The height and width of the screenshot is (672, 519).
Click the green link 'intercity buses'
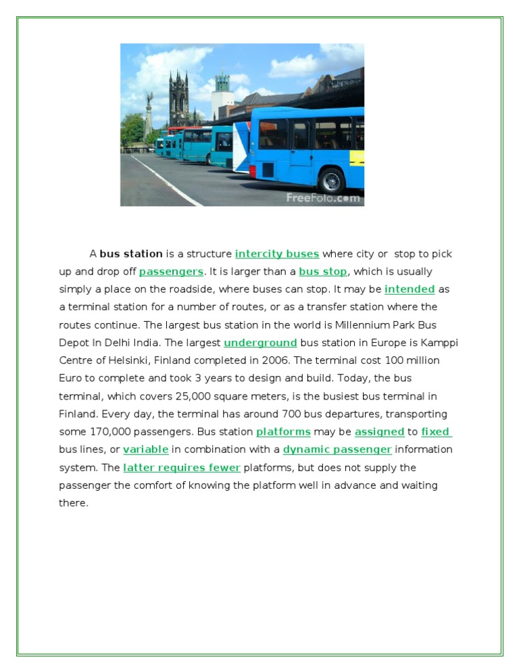tap(277, 254)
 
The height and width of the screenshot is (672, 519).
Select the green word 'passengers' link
tap(171, 272)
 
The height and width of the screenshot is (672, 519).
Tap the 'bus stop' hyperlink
tap(323, 272)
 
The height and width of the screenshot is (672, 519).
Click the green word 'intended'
tap(410, 289)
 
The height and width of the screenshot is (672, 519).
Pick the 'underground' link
tap(260, 343)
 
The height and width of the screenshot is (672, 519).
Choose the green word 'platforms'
tap(283, 432)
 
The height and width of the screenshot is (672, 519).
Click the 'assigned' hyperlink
tap(379, 432)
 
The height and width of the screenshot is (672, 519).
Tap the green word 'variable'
tap(146, 450)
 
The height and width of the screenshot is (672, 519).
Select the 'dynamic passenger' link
tap(337, 450)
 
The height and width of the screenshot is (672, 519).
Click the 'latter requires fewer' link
tap(182, 468)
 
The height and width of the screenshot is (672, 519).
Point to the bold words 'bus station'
tap(131, 254)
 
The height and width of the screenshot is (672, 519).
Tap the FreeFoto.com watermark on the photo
tap(323, 198)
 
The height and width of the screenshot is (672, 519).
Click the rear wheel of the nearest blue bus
tap(332, 180)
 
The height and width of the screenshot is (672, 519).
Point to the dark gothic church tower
tap(179, 98)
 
